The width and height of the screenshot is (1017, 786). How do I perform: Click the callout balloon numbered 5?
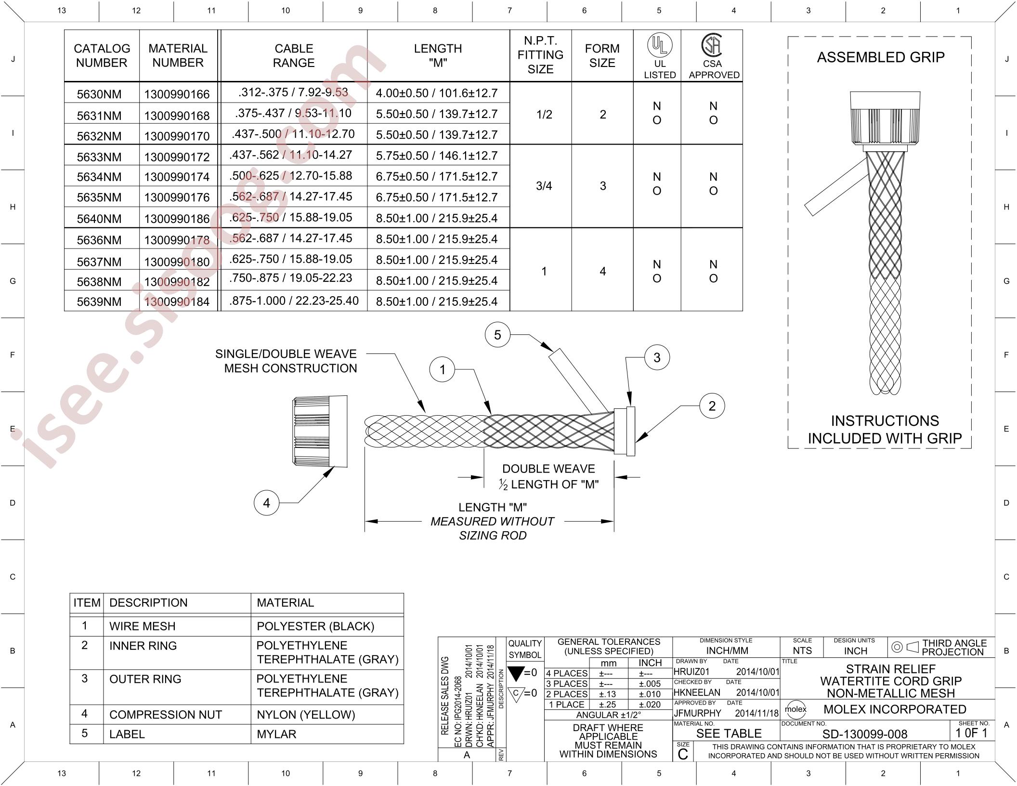(x=497, y=335)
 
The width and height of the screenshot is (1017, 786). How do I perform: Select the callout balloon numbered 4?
(x=266, y=503)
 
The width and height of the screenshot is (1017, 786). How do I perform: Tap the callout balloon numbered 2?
(x=712, y=406)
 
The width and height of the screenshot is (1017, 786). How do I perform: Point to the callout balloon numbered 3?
(x=657, y=357)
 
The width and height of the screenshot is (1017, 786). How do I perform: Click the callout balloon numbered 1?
(x=442, y=370)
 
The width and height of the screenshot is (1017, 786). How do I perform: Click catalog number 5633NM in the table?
(x=99, y=157)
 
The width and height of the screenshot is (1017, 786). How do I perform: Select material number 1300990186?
(x=177, y=219)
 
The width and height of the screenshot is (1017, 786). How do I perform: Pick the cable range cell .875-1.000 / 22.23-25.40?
(x=294, y=301)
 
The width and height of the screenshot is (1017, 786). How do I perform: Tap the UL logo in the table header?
(x=659, y=45)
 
